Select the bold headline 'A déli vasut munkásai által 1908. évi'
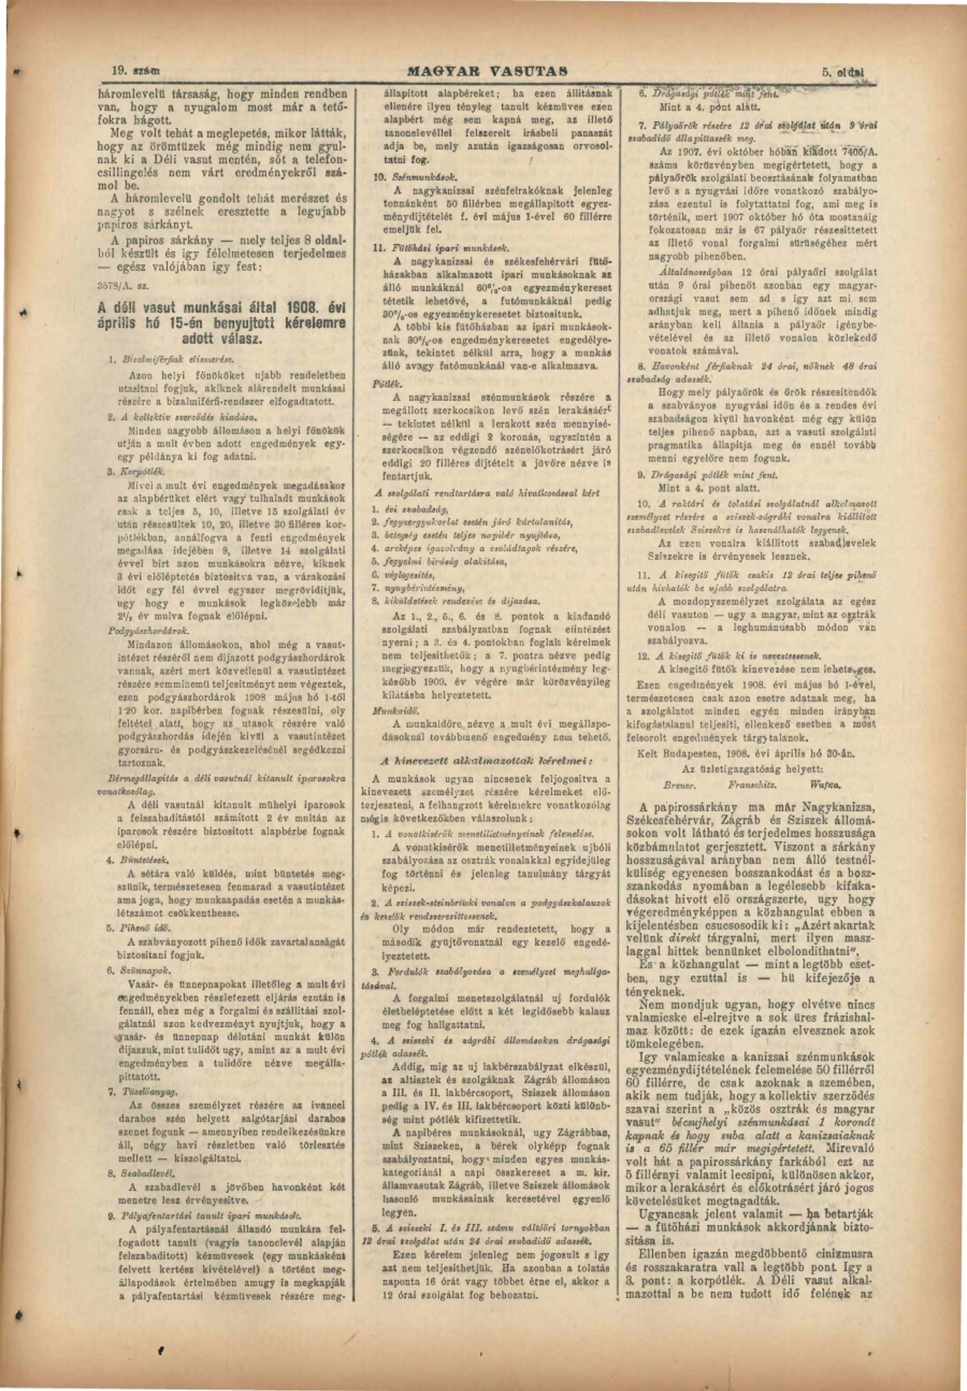point(222,307)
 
